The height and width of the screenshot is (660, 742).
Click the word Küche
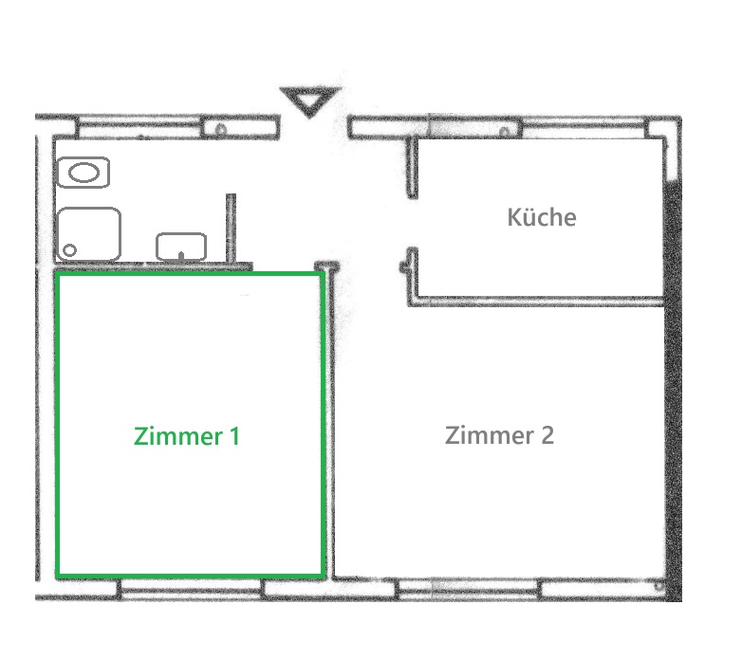tap(542, 217)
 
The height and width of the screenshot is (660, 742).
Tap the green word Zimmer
tap(178, 436)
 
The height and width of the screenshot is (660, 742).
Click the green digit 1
tap(234, 436)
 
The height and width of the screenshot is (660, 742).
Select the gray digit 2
tap(547, 435)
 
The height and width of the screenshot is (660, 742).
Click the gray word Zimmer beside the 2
tap(490, 435)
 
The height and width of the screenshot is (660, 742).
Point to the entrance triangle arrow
tap(310, 101)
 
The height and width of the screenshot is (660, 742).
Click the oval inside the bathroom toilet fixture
tap(83, 173)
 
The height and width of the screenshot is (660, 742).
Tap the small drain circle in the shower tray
tap(69, 250)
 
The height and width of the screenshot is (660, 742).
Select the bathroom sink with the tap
tap(181, 247)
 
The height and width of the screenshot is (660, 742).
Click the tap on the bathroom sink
tap(181, 256)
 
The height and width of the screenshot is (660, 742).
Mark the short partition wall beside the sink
tap(231, 228)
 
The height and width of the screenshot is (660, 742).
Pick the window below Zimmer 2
tap(469, 589)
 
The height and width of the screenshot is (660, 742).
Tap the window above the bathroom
tap(139, 127)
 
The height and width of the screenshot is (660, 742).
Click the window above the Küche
tap(584, 127)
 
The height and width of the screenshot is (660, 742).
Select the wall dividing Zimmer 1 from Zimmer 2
tap(330, 421)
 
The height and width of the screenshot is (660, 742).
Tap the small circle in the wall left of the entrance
tap(220, 130)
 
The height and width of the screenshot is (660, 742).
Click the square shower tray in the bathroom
tap(88, 234)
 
